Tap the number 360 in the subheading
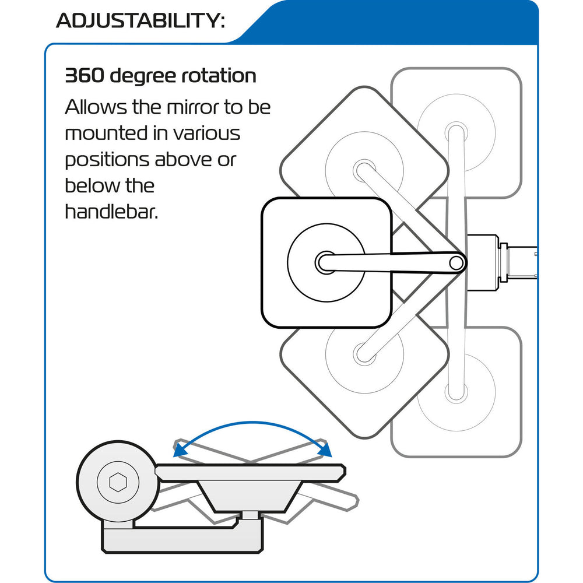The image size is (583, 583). [x=84, y=76]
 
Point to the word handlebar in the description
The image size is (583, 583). [x=111, y=212]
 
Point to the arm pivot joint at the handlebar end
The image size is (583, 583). [x=456, y=262]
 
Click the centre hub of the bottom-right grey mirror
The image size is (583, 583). [x=456, y=393]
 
